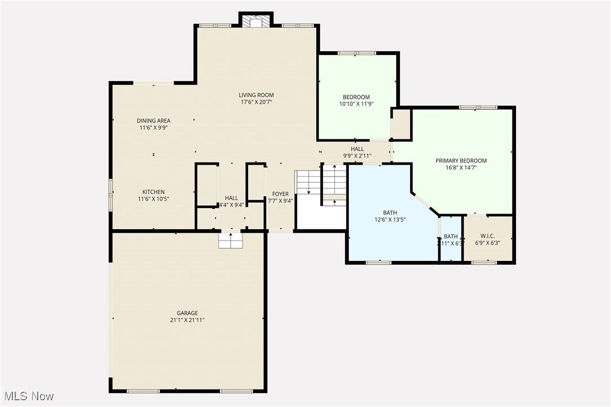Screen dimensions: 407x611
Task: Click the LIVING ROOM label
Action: (x=256, y=95)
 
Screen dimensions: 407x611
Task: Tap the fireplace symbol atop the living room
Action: (x=256, y=21)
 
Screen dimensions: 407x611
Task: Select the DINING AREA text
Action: (x=153, y=120)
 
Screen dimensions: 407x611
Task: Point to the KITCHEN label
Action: (x=153, y=192)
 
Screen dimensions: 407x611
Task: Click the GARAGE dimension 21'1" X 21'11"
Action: (x=187, y=320)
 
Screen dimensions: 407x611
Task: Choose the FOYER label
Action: (x=280, y=194)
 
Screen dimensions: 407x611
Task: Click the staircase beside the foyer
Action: (x=321, y=186)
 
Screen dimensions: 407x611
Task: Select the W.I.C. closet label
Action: (x=487, y=236)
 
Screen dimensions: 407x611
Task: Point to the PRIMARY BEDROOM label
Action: (x=461, y=161)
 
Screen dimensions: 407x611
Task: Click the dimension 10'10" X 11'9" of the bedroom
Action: (x=356, y=104)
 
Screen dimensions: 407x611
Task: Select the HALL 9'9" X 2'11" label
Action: (x=357, y=149)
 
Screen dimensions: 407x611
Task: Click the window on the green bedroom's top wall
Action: (x=357, y=53)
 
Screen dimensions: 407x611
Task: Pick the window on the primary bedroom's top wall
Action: (x=478, y=107)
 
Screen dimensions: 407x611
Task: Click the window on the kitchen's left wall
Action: (x=111, y=194)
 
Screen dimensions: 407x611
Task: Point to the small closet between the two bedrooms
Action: (x=401, y=124)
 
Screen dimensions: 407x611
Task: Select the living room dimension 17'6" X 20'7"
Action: (x=256, y=102)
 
